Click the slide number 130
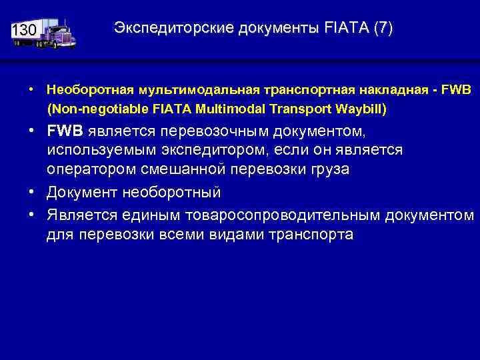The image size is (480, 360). [23, 31]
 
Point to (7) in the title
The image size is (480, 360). [383, 28]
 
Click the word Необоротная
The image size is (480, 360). [87, 89]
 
